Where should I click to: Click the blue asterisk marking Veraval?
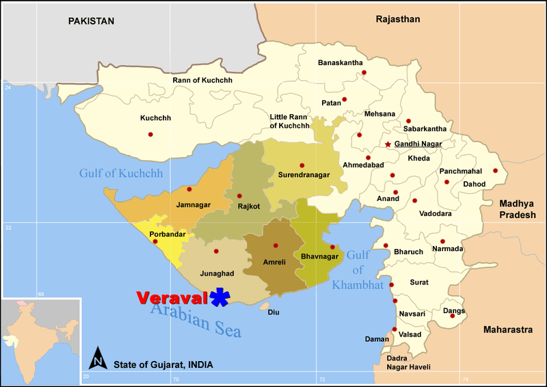(x=220, y=297)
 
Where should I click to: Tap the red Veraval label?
(x=172, y=298)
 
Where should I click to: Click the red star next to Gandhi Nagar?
(x=388, y=144)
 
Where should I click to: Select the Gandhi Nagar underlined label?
(x=418, y=144)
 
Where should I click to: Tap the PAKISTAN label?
(x=91, y=21)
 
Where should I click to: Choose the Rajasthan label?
(x=397, y=20)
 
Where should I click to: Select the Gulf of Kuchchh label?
(x=121, y=174)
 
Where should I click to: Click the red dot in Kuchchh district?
(x=150, y=134)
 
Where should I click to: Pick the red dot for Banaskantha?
(x=364, y=72)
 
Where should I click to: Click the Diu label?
(x=273, y=312)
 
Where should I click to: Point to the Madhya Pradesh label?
(x=521, y=210)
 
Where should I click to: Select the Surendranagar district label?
(x=304, y=175)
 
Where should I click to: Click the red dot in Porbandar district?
(x=155, y=241)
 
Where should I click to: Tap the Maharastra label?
(x=507, y=330)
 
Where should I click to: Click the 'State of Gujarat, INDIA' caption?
(x=163, y=363)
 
